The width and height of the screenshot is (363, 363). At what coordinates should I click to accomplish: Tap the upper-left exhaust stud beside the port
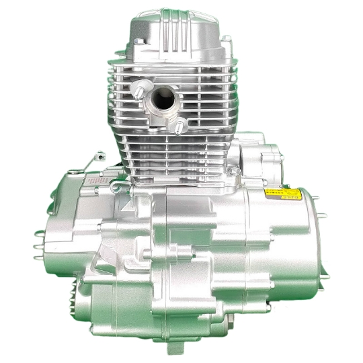point(139,88)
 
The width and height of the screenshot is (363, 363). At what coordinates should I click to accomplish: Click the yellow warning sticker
point(282,195)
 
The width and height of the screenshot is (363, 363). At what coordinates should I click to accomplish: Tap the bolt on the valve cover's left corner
point(138,42)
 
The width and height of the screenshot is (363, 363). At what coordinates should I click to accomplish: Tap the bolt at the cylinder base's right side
point(235,172)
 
